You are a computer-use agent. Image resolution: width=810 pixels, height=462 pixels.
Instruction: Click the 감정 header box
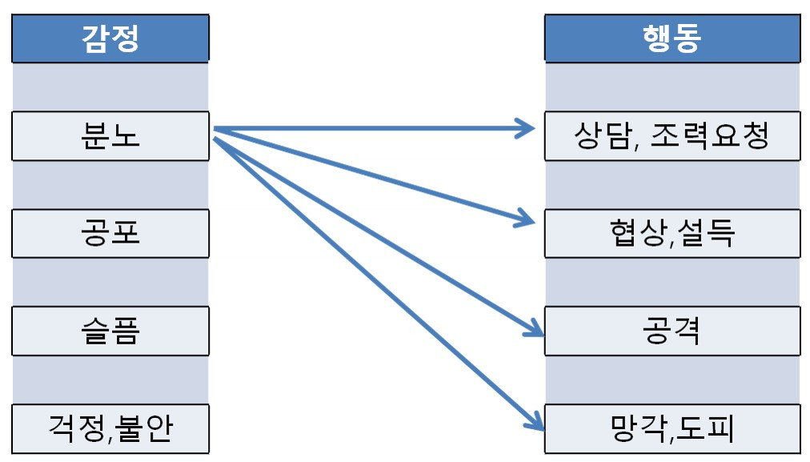click(x=110, y=38)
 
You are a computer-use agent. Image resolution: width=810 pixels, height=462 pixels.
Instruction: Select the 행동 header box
click(x=672, y=38)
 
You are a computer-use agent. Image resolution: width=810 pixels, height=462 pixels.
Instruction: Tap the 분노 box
click(x=110, y=136)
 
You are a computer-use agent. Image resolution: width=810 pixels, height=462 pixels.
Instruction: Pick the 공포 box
click(x=110, y=233)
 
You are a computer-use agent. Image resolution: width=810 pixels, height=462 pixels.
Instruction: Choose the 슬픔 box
click(x=110, y=331)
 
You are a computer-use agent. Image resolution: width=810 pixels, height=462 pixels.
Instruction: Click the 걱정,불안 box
click(x=110, y=428)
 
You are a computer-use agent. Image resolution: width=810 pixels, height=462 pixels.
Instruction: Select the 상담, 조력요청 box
click(x=672, y=136)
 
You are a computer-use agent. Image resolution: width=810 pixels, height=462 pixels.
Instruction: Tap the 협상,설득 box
click(x=672, y=233)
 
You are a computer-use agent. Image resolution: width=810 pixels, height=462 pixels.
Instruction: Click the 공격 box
click(x=672, y=331)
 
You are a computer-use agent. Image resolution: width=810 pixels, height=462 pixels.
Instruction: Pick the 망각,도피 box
click(x=672, y=428)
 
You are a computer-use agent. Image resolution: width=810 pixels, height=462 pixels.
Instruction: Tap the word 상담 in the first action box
click(x=603, y=136)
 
